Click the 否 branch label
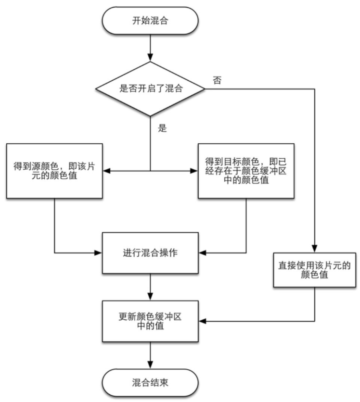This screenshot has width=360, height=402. point(217,81)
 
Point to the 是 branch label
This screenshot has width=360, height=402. point(162,128)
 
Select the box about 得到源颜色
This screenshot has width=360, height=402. point(54,170)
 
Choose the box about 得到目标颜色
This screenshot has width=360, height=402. point(246,170)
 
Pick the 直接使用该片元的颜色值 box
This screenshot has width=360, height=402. point(315,269)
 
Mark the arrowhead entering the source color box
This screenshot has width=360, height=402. point(107,171)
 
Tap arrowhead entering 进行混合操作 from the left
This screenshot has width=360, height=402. point(99,253)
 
